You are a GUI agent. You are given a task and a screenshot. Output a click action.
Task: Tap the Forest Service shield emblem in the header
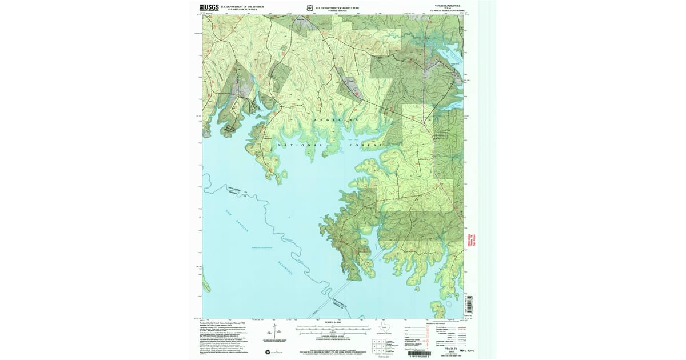tap(309, 9)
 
